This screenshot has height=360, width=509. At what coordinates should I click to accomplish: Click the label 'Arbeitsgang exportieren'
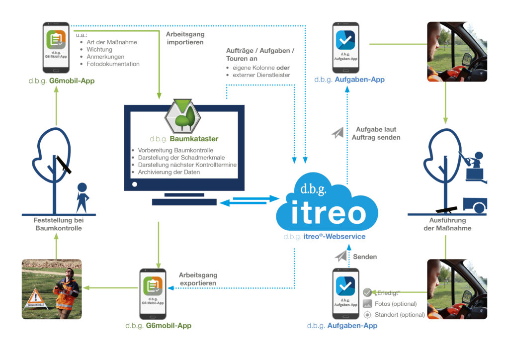(198, 279)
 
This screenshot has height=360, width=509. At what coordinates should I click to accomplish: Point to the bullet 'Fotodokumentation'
(113, 64)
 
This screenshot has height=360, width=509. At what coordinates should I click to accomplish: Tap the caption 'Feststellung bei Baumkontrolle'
(58, 225)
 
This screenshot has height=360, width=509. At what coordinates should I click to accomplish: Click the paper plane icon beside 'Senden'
(341, 256)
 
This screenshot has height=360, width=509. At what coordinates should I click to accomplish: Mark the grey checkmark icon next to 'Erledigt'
(367, 292)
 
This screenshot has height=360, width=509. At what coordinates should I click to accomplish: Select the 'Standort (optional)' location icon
(367, 315)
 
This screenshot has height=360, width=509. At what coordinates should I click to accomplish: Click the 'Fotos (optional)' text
(396, 304)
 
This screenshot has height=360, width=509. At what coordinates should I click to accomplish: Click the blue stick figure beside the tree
(82, 197)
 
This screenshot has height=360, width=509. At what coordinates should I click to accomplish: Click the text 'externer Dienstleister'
(264, 75)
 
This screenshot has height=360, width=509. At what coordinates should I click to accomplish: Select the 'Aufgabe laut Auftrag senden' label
(378, 133)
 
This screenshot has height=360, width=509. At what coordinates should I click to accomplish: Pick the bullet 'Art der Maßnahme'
(111, 42)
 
